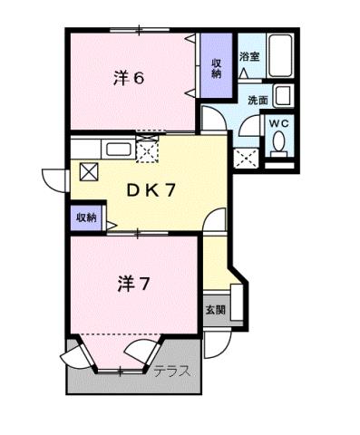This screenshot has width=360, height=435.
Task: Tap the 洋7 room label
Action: point(132,284)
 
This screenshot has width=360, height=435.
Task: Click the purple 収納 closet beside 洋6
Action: point(217,69)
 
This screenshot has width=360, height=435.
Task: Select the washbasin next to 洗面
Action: point(283,95)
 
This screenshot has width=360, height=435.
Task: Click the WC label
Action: point(277,121)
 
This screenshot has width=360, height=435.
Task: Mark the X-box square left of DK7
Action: point(88,170)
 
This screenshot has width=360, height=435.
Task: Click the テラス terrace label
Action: point(170,371)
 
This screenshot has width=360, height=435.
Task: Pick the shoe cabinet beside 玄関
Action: point(237,303)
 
